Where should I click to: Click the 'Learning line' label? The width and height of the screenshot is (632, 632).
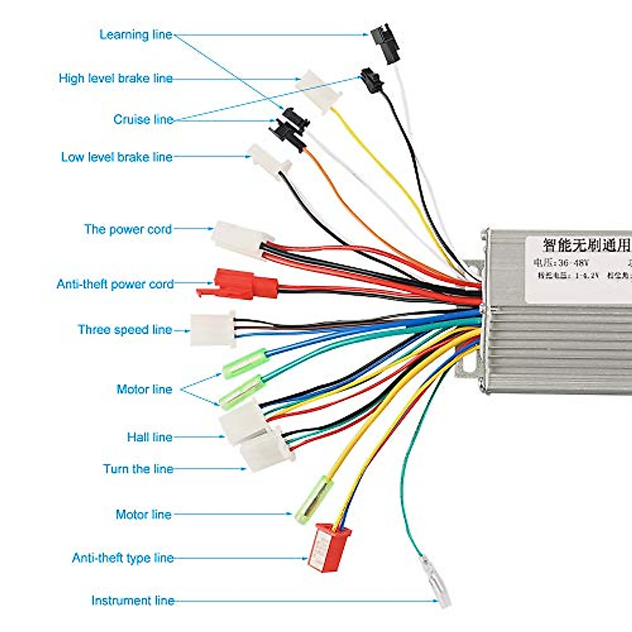pos(136,35)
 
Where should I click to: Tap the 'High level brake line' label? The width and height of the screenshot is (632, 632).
pos(115,78)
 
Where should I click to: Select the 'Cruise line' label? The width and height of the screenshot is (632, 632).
pos(143,120)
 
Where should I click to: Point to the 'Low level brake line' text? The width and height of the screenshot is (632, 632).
pos(116,157)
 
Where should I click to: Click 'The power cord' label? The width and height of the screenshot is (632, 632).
pos(128,229)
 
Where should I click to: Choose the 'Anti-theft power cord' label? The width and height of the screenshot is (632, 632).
pos(115,284)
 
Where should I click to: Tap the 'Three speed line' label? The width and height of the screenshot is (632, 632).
pos(125,330)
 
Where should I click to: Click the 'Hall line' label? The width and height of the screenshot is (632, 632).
pos(150,437)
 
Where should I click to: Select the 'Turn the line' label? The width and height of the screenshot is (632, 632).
pos(138,469)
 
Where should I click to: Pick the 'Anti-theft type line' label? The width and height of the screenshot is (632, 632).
pos(123,558)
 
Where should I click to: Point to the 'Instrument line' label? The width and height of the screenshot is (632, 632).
pos(133,601)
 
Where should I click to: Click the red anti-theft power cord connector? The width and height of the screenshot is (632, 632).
pos(240,284)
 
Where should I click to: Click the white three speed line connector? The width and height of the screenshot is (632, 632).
pos(213,329)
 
